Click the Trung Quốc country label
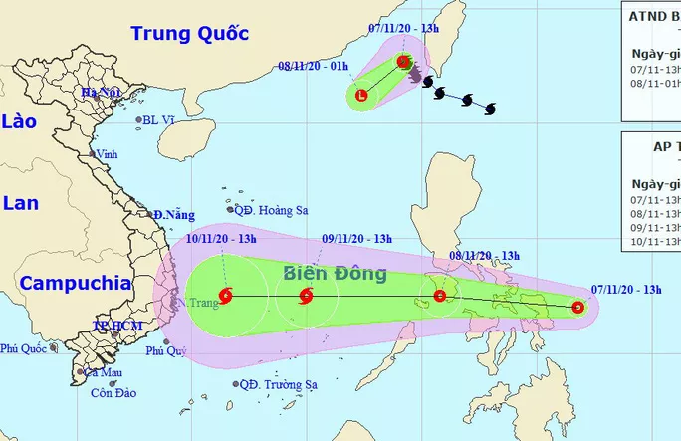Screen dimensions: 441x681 pos(189,34)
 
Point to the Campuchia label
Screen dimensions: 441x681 pos(76,283)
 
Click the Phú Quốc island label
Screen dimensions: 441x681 pos(24,348)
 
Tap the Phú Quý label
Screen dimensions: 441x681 pos(165,350)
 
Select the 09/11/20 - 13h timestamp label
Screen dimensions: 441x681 pos(356,239)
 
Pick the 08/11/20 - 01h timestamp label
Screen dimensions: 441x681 pos(314,66)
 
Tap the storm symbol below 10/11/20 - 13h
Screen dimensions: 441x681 pos(227,295)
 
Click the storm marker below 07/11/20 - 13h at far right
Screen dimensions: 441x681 pos(578,308)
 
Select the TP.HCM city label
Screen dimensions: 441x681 pos(113,326)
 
